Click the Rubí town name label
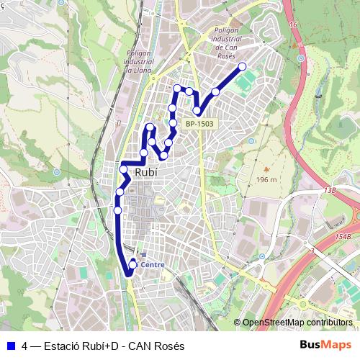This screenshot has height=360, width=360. tap(146, 172)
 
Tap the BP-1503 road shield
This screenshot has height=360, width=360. tap(199, 124)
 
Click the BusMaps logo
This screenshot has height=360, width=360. tap(325, 346)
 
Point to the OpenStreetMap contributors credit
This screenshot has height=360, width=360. tap(297, 323)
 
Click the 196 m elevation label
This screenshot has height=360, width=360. tap(266, 179)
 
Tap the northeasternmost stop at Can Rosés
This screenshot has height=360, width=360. tap(242, 67)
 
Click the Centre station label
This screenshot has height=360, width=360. tap(153, 264)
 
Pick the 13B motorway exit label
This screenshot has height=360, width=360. tap(330, 190)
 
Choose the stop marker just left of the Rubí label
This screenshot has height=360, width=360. tap(124, 170)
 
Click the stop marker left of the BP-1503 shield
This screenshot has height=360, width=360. tap(173, 123)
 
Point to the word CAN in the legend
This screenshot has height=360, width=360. tap(146, 346)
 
